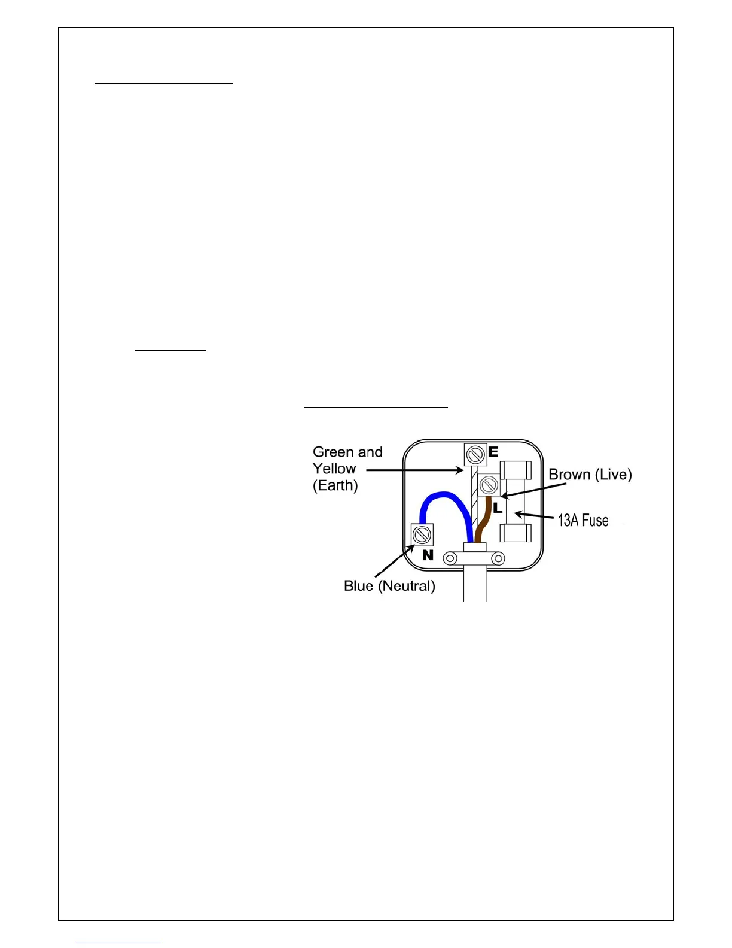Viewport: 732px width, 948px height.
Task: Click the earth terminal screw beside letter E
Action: point(475,455)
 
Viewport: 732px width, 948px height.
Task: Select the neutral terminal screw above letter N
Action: point(422,534)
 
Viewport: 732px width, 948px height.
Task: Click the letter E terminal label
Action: point(493,452)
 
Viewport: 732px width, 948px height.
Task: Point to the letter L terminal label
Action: point(497,508)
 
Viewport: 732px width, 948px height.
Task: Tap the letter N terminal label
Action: point(428,555)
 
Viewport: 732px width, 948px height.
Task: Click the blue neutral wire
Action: point(443,496)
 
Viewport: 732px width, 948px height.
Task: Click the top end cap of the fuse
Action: point(516,470)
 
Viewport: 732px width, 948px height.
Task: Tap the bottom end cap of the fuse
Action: point(516,532)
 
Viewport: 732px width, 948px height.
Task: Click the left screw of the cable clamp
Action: point(450,558)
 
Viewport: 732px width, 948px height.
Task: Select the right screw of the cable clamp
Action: point(498,558)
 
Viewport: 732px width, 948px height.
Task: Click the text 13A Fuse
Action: point(583,520)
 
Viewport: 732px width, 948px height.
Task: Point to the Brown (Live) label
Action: point(590,475)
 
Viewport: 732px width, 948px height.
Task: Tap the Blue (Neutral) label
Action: point(389,586)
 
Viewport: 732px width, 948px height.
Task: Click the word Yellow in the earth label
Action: point(334,469)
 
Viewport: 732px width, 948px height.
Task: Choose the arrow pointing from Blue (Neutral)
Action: point(394,561)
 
